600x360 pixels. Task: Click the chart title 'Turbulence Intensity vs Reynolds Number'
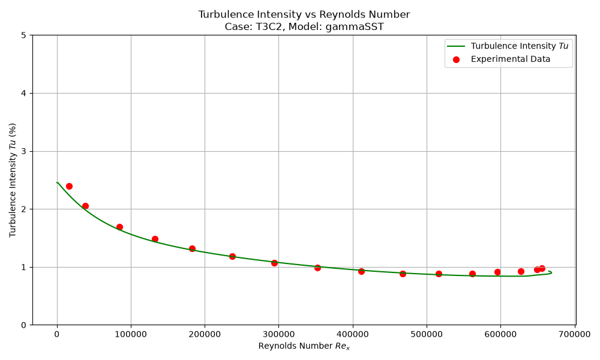[x=304, y=14]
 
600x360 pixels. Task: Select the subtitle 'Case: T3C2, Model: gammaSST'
[x=304, y=27]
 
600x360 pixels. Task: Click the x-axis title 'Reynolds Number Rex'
[x=304, y=346]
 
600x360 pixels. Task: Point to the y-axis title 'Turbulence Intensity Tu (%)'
[x=13, y=180]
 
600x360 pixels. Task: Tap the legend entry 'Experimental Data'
[x=511, y=59]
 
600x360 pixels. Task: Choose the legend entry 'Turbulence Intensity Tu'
[x=519, y=46]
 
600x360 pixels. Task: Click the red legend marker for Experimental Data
[x=456, y=59]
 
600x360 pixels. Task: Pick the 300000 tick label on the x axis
[x=278, y=334]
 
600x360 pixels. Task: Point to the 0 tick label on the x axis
[x=57, y=334]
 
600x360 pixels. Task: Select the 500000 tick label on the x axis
[x=427, y=334]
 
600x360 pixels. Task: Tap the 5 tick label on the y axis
[x=24, y=35]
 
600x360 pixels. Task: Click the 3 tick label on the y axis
[x=24, y=151]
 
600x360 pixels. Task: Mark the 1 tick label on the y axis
[x=24, y=267]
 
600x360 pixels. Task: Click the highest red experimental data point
[x=69, y=187]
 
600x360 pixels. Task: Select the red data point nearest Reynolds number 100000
[x=119, y=227]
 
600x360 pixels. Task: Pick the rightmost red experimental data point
[x=542, y=268]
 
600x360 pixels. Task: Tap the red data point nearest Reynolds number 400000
[x=361, y=271]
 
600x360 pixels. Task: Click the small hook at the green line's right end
[x=550, y=272]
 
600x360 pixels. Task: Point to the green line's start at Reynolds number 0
[x=57, y=182]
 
